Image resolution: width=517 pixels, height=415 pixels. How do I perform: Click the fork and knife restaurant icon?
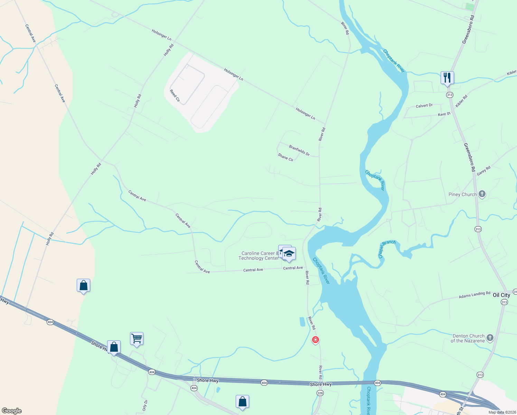coord(447,78)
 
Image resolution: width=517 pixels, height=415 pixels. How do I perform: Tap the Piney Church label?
coord(462,194)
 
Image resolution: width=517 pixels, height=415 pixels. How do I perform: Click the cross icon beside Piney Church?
coord(482,194)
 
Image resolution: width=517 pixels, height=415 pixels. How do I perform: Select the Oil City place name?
coord(501,295)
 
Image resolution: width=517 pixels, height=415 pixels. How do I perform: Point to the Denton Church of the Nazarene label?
coord(468,338)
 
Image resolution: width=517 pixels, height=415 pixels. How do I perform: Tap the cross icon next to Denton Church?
coord(490,338)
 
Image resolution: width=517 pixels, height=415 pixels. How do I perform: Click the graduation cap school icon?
coord(289,254)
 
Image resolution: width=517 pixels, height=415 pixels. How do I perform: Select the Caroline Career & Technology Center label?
coord(258,256)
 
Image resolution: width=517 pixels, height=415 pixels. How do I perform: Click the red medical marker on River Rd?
coord(315,340)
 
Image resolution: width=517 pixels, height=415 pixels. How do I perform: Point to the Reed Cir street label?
coord(175,95)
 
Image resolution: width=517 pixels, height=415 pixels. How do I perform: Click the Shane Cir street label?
coord(285,157)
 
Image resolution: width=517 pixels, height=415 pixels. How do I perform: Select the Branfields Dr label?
coord(299,150)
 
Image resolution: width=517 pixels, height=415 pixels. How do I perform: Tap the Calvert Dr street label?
coord(424,106)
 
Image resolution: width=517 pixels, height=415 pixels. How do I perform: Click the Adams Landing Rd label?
coord(474,295)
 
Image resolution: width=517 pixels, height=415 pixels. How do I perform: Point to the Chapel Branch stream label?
coord(387,249)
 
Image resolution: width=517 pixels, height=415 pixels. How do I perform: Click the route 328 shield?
coord(320,393)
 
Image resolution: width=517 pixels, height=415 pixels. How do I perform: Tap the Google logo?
coord(11,411)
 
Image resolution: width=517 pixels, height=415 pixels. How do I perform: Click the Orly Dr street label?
coord(145,405)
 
